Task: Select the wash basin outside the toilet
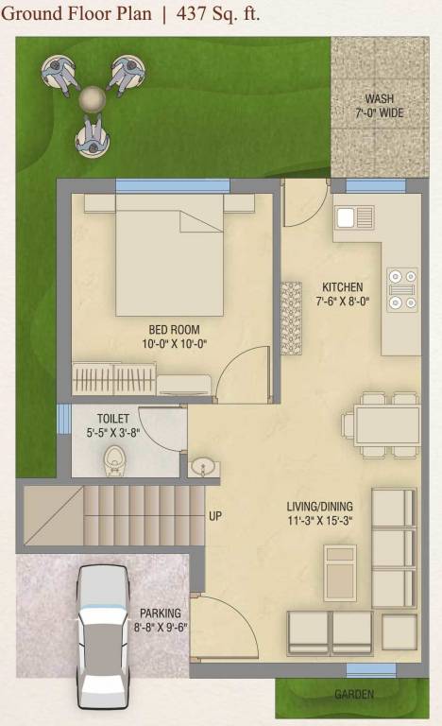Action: [203, 466]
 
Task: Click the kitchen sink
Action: [355, 217]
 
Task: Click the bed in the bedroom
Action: [170, 255]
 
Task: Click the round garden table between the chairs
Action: [92, 97]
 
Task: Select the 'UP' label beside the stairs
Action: [216, 516]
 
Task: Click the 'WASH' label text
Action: [380, 99]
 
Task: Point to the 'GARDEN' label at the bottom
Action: [354, 695]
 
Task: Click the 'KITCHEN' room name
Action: [342, 287]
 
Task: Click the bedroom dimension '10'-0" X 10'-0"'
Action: [172, 344]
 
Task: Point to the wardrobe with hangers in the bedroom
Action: [113, 381]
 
